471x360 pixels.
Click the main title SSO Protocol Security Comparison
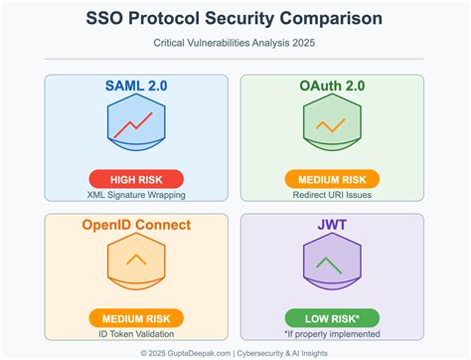coord(235,19)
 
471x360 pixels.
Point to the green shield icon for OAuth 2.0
coord(329,126)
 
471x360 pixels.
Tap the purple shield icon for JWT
coord(329,265)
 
